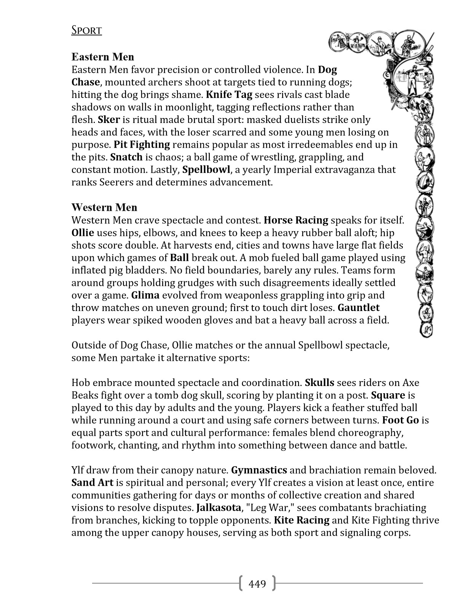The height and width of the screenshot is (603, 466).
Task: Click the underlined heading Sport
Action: pyautogui.click(x=86, y=30)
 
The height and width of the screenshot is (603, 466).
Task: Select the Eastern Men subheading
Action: pyautogui.click(x=103, y=57)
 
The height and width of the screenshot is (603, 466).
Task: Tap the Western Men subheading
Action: pyautogui.click(x=104, y=207)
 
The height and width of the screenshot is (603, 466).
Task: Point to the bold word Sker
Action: pyautogui.click(x=109, y=120)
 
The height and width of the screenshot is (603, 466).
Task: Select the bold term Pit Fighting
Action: pyautogui.click(x=142, y=145)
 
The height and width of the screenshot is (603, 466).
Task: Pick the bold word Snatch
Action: pyautogui.click(x=126, y=157)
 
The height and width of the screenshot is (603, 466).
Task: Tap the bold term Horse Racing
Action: pyautogui.click(x=296, y=220)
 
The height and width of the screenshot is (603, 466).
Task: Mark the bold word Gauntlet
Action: pyautogui.click(x=359, y=308)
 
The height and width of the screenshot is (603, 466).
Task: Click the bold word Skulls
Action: pyautogui.click(x=319, y=383)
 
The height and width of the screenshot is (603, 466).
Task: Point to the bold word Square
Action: pyautogui.click(x=388, y=396)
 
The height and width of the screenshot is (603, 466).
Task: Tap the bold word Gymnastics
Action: pyautogui.click(x=259, y=471)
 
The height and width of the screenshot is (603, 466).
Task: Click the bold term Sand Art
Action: pyautogui.click(x=93, y=483)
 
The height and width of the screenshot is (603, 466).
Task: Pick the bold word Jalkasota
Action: pyautogui.click(x=219, y=508)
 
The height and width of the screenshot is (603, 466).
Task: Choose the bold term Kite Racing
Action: pyautogui.click(x=302, y=520)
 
